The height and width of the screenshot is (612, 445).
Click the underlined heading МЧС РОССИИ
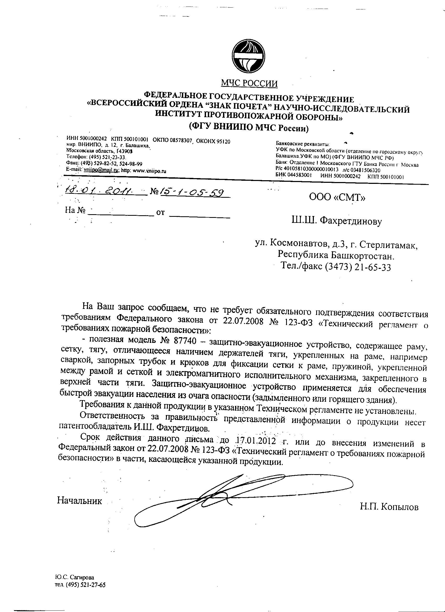(x=249, y=83)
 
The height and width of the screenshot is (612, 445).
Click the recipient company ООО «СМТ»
(x=337, y=197)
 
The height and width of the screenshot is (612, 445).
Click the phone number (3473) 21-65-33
(x=358, y=267)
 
